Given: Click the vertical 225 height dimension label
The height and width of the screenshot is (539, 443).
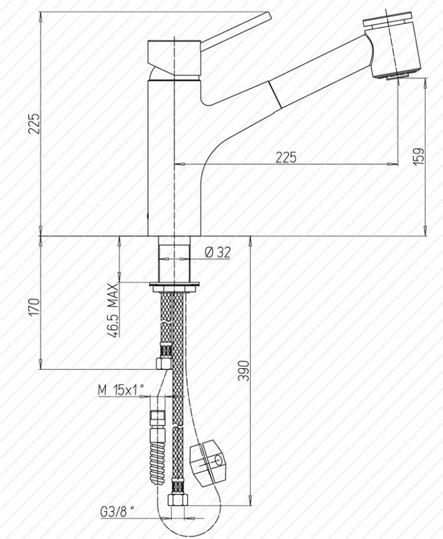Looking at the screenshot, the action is [34, 123].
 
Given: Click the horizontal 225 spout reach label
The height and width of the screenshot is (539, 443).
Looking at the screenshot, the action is [286, 157].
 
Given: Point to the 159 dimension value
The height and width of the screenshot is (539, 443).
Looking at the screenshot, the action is [419, 157].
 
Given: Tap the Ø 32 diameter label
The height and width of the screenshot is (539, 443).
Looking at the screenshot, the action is [217, 253].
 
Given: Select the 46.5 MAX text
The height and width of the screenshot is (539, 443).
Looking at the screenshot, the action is [113, 310].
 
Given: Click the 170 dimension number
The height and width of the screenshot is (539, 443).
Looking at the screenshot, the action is [34, 307].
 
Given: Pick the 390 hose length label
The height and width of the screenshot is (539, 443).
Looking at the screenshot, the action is [243, 371].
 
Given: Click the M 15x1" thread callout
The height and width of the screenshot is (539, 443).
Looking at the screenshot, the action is [120, 390].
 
